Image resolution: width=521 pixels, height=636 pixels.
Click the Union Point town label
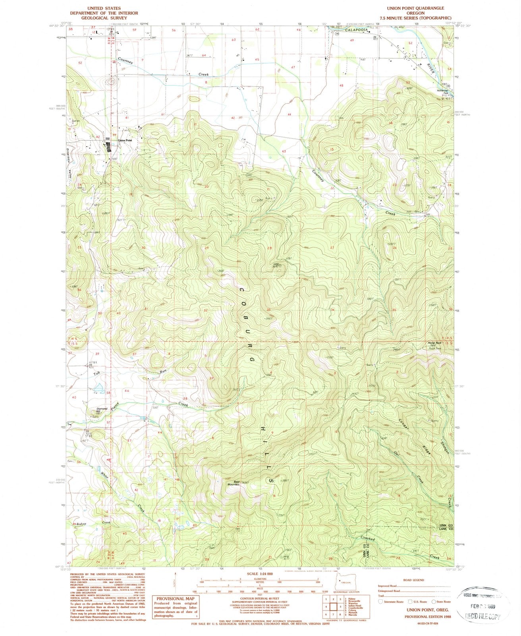pyautogui.click(x=125, y=141)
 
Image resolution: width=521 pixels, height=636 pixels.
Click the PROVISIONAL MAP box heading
pyautogui.click(x=175, y=599)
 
